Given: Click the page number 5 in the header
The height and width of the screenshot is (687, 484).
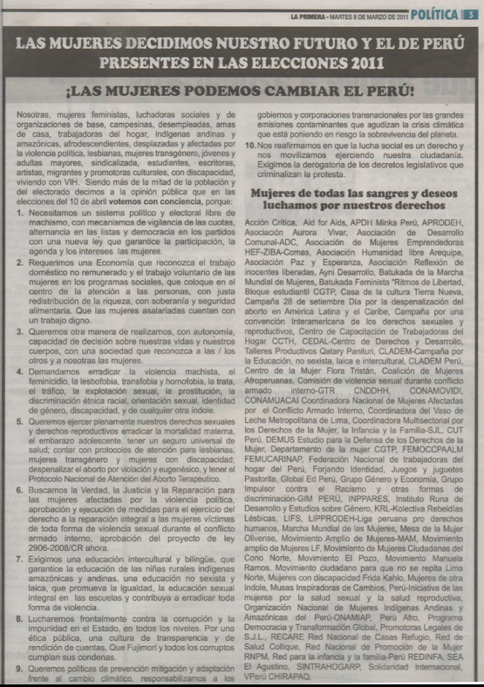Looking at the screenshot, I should click(471, 13).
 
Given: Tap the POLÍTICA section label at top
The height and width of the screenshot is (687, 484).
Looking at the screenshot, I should click(434, 13).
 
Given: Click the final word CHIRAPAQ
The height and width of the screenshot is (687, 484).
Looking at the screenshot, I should click(313, 678).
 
